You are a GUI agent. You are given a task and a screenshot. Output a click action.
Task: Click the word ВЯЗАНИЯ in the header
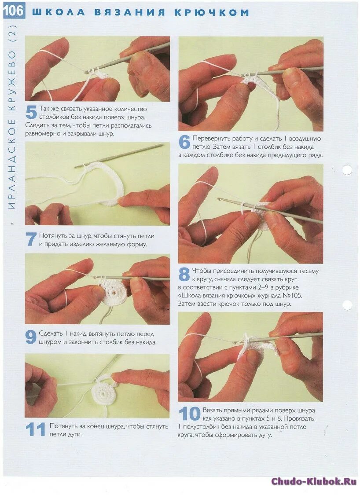click(130, 12)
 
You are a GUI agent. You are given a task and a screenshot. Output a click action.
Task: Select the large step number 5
click(31, 112)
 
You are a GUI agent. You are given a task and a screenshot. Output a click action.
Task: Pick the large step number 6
click(184, 142)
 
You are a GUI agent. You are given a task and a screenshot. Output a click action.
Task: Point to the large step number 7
click(31, 239)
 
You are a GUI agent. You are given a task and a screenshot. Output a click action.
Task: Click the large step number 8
click(184, 274)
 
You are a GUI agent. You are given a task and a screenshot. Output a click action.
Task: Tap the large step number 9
click(31, 337)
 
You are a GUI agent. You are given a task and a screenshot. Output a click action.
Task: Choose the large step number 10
click(190, 414)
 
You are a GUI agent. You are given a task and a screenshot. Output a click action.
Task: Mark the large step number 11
click(35, 429)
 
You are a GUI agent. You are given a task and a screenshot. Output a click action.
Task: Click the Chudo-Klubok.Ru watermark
click(314, 481)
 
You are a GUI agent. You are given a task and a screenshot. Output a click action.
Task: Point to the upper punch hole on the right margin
click(347, 170)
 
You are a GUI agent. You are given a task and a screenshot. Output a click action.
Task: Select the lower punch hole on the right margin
click(347, 305)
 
